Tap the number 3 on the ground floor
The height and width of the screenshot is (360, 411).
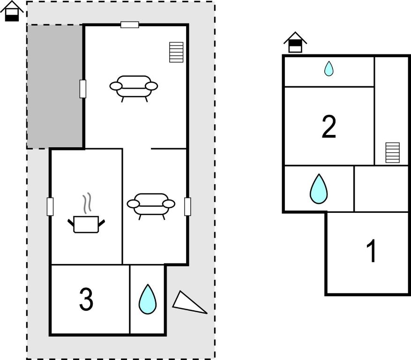[86, 299]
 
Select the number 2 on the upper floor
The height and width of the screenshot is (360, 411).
[329, 127]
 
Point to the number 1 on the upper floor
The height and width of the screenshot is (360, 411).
[372, 251]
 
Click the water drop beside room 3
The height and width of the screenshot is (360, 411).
[148, 299]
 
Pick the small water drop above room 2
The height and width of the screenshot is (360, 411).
[329, 68]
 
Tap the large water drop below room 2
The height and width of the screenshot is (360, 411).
[319, 189]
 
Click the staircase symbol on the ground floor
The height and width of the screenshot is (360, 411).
[176, 52]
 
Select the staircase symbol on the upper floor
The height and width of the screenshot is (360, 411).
[393, 153]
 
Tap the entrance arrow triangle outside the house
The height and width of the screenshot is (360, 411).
[189, 302]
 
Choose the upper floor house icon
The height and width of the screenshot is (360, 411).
[295, 42]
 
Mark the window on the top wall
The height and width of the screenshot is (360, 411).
[129, 25]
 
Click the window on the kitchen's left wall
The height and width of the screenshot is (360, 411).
[50, 207]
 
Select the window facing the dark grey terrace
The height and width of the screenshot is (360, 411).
[83, 89]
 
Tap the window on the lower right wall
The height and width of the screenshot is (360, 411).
[187, 207]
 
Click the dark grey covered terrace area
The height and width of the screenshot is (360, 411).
[55, 87]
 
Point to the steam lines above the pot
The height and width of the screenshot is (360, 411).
[87, 202]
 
